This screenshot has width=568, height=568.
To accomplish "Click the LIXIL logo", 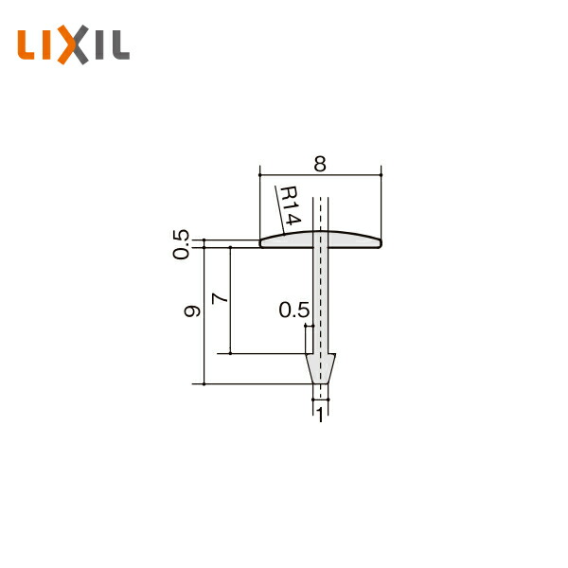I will tap(73, 45).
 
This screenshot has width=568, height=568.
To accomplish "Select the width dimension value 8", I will tap(320, 164).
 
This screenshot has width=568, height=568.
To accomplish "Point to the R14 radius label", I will tap(290, 205).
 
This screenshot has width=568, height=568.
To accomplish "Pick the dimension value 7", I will tap(220, 298).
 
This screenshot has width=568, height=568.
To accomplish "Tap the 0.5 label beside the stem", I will tap(293, 310).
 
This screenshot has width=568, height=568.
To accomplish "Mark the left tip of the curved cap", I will tap(262, 243).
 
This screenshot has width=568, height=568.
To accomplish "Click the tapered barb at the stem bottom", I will tap(321, 368).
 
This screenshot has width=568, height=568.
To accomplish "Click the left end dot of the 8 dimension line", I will tap(259, 175).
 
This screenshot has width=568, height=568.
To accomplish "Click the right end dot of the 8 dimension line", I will tap(381, 175).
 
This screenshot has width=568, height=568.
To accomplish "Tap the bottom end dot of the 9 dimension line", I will tap(204, 383).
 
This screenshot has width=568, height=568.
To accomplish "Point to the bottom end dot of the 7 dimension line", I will tap(231, 354).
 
